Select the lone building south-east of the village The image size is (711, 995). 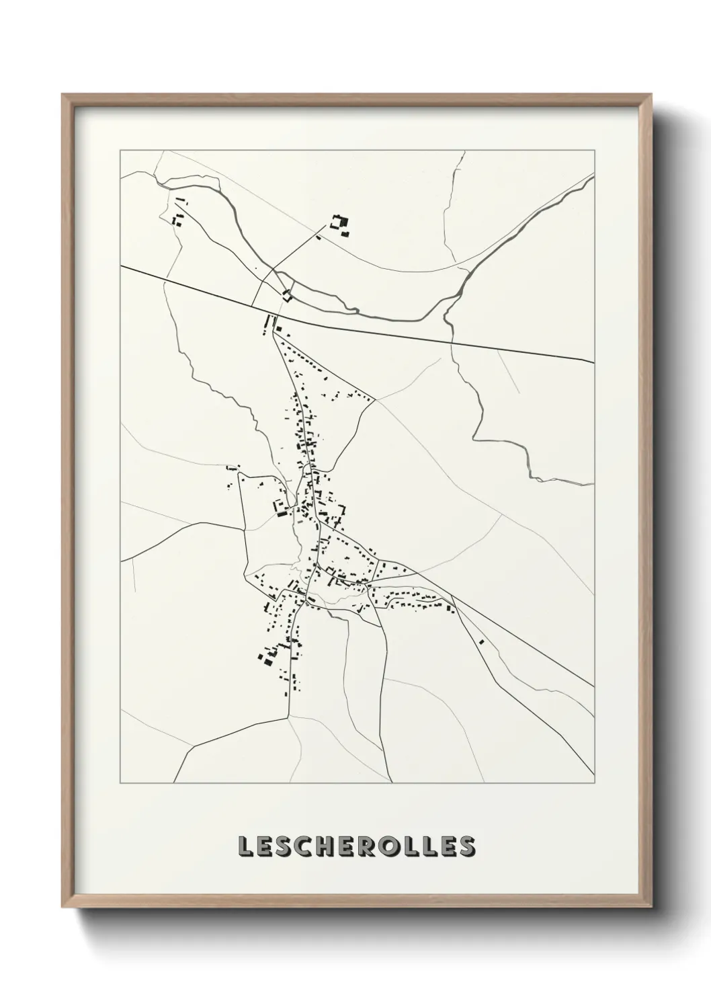click(482, 641)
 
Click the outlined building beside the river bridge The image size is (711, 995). click(288, 294)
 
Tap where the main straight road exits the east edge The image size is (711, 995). click(594, 362)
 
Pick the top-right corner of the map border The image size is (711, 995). click(595, 150)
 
